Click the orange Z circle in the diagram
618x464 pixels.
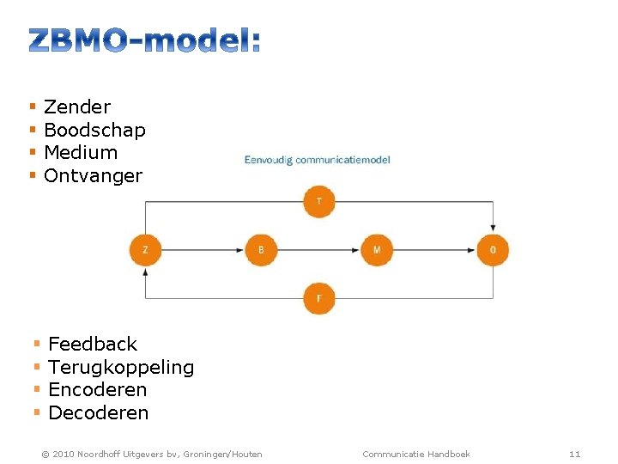[145, 250]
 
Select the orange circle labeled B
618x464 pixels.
[261, 250]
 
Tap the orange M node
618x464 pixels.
[377, 250]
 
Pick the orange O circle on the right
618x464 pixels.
[493, 250]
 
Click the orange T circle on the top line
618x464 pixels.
[319, 202]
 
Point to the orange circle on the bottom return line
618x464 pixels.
[319, 298]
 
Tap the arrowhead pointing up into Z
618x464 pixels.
[145, 272]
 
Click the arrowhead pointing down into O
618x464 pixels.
[493, 229]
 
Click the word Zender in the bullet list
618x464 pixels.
[77, 107]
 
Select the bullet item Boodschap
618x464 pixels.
[94, 131]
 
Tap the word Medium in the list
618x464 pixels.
[81, 153]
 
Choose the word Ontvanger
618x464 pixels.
[93, 176]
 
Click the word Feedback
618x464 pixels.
[93, 345]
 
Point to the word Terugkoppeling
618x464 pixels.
[121, 368]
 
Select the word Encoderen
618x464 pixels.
[98, 390]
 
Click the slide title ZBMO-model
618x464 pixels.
[144, 40]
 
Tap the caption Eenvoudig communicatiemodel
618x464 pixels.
[317, 160]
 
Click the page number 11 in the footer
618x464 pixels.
[575, 454]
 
